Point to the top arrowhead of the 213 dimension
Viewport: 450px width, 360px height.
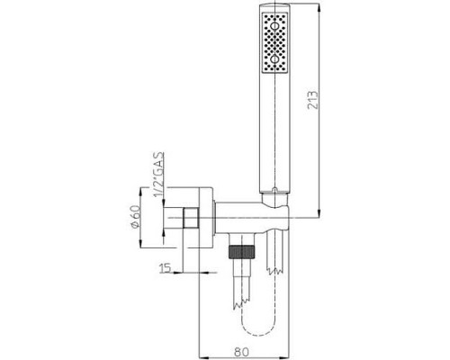pos(321,13)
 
